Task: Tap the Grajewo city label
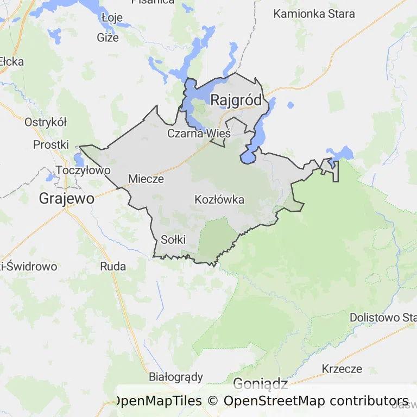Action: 66,199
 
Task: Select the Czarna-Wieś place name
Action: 199,133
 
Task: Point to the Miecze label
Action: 146,179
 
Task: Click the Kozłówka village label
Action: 219,199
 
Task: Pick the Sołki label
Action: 173,239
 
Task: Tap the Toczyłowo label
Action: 83,170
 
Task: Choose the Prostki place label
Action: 51,144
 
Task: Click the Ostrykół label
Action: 45,122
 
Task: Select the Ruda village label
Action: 113,266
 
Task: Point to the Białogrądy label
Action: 175,377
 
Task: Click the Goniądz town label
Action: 260,383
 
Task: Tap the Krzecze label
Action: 342,369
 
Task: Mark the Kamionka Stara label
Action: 314,14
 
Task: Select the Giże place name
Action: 108,37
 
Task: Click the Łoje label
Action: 112,17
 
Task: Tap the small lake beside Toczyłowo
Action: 79,159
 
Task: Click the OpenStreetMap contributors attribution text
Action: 316,401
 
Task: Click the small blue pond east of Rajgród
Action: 290,105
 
